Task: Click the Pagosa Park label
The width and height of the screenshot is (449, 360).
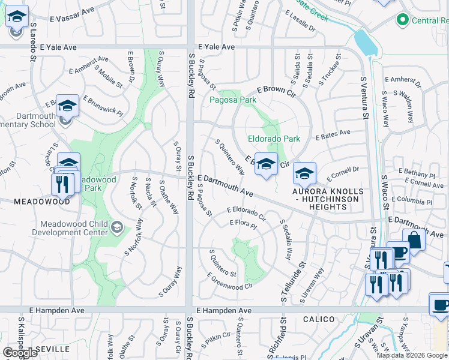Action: pos(232,100)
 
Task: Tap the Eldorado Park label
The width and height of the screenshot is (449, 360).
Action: pos(274,139)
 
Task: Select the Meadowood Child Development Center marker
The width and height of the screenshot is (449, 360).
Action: pos(116,227)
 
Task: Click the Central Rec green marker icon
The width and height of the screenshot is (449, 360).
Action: pos(402,21)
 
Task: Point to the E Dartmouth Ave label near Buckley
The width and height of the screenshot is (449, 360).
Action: pos(225,185)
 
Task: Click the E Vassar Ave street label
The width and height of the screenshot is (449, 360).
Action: pos(72,12)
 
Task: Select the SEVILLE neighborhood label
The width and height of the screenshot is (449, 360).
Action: pos(53,349)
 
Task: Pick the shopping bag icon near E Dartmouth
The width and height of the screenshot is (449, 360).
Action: pos(414,239)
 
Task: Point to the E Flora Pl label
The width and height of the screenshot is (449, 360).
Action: pos(243,224)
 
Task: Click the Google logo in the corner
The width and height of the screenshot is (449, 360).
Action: pos(20,353)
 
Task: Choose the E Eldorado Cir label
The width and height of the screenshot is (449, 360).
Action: pos(246,212)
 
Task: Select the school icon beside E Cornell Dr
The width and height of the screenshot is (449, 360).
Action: pos(304,173)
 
